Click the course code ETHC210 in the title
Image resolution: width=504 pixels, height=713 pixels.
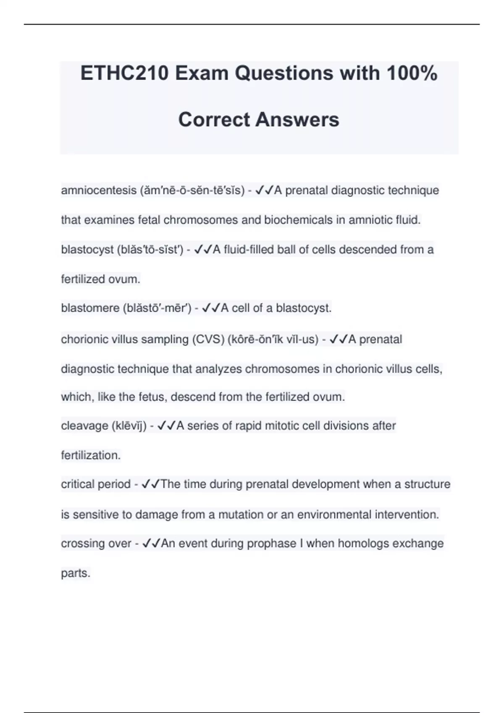[x=124, y=73]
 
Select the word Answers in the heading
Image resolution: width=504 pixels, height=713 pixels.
[x=297, y=120]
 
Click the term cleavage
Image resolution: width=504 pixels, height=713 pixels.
[x=84, y=426]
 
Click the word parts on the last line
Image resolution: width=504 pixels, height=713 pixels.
[x=76, y=573]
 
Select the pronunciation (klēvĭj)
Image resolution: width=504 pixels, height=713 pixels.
[x=129, y=426]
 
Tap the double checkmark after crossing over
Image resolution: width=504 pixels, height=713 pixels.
[x=151, y=544]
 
